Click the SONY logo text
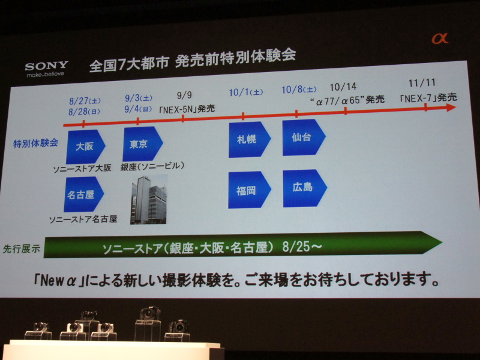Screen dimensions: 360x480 46,65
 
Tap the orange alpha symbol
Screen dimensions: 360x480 440,38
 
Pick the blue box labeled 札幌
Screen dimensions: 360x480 247,140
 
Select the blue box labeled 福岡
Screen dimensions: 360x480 248,190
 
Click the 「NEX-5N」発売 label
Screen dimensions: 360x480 187,109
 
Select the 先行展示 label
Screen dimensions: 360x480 22,248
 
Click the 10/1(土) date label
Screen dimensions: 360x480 246,92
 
